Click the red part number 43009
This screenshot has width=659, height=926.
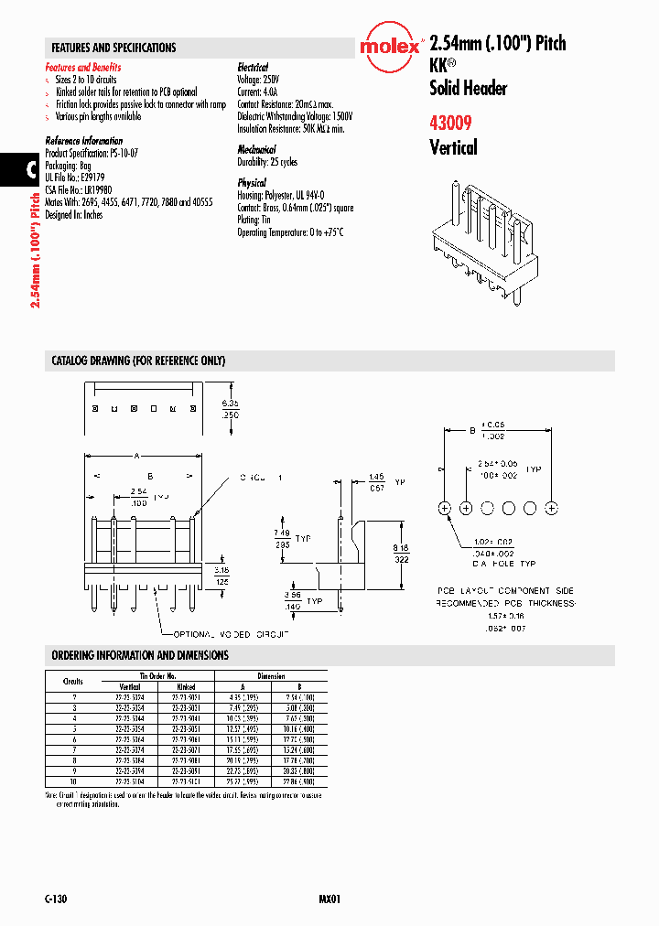[453, 121]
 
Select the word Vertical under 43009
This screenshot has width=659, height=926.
[453, 146]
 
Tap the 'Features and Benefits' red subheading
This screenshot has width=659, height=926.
[83, 68]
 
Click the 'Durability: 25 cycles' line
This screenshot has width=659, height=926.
[268, 161]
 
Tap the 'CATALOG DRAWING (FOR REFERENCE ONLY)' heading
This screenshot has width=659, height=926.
[138, 361]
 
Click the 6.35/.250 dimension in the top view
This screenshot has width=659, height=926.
[230, 407]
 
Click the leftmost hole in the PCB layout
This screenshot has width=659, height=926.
[445, 507]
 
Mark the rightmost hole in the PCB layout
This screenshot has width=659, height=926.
[552, 507]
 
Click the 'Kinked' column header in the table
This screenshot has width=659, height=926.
[187, 685]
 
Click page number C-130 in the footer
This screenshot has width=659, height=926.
[56, 899]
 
